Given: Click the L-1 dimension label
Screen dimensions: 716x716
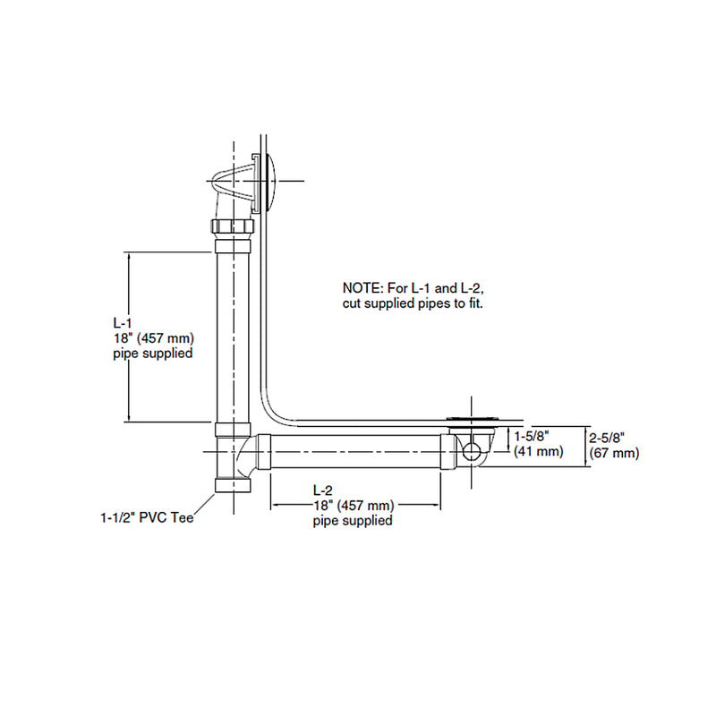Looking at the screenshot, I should [122, 321].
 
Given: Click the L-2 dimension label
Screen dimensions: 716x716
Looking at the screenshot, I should [323, 490].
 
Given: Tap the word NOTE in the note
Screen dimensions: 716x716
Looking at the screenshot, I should [362, 288].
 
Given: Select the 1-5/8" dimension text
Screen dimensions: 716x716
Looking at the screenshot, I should [536, 436].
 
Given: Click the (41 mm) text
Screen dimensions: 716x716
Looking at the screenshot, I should [538, 452].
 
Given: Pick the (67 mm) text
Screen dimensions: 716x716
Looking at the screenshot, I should [614, 454].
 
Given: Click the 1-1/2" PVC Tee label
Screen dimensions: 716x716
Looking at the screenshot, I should [147, 516].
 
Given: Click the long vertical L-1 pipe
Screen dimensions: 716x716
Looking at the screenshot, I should [230, 336].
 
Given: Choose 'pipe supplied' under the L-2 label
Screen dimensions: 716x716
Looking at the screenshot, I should [353, 521].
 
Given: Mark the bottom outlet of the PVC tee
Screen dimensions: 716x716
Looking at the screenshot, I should [233, 486].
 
